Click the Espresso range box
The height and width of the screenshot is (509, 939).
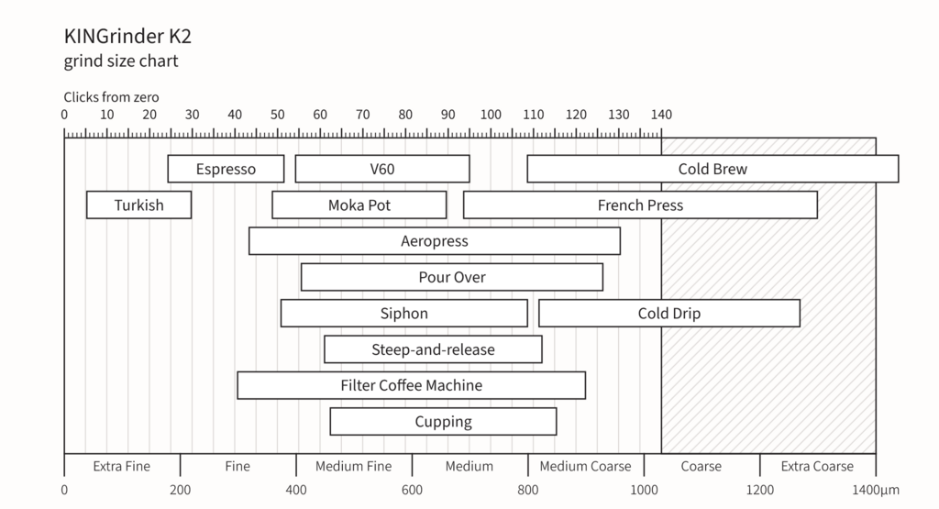click(x=226, y=169)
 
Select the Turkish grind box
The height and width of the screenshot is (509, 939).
click(x=139, y=205)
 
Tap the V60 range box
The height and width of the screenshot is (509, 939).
click(x=382, y=169)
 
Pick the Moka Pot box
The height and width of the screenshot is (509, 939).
click(x=359, y=205)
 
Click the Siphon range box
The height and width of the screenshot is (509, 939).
click(x=404, y=313)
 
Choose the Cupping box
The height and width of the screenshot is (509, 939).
click(x=443, y=422)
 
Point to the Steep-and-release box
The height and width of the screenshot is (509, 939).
click(x=433, y=349)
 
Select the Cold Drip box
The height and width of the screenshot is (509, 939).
click(x=668, y=313)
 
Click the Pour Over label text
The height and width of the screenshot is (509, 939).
click(x=452, y=277)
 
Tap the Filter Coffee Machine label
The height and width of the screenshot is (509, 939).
click(x=412, y=385)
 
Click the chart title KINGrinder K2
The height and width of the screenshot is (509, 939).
click(x=127, y=36)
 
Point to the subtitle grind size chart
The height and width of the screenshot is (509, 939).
click(x=121, y=61)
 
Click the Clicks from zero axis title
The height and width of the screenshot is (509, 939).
click(x=111, y=97)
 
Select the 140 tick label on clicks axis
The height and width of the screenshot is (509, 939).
click(x=661, y=115)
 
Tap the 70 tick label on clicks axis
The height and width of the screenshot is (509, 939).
click(x=362, y=115)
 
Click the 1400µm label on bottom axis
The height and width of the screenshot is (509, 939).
click(x=876, y=490)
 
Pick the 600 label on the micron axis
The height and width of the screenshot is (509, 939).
click(x=412, y=490)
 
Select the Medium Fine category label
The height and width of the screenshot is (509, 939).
click(x=353, y=466)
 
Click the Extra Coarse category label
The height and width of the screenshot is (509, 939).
click(x=817, y=466)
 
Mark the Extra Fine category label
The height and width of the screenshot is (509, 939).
click(x=122, y=466)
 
